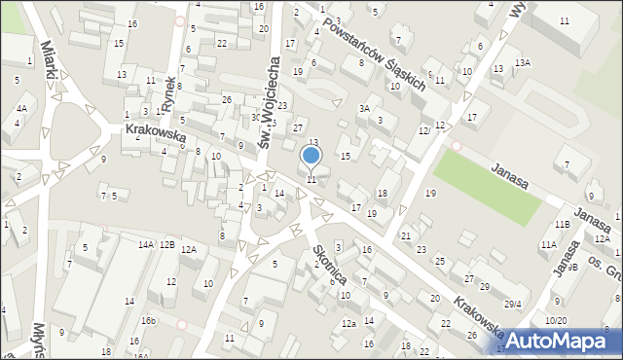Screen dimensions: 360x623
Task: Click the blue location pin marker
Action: tap(311, 156)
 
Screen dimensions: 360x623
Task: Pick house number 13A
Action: tap(523, 63)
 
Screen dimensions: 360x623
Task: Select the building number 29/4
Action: tap(511, 304)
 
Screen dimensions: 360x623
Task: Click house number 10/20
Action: tap(556, 320)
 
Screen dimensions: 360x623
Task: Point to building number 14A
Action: tap(146, 244)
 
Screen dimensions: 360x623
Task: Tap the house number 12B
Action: tap(167, 244)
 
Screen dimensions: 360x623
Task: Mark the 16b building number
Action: tap(147, 320)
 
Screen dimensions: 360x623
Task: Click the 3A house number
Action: tap(364, 109)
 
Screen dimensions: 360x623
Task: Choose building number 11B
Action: tap(563, 225)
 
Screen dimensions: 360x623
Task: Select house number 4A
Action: tap(21, 109)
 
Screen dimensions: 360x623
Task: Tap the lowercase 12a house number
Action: tap(348, 323)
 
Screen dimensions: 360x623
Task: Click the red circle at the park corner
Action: tap(457, 146)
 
